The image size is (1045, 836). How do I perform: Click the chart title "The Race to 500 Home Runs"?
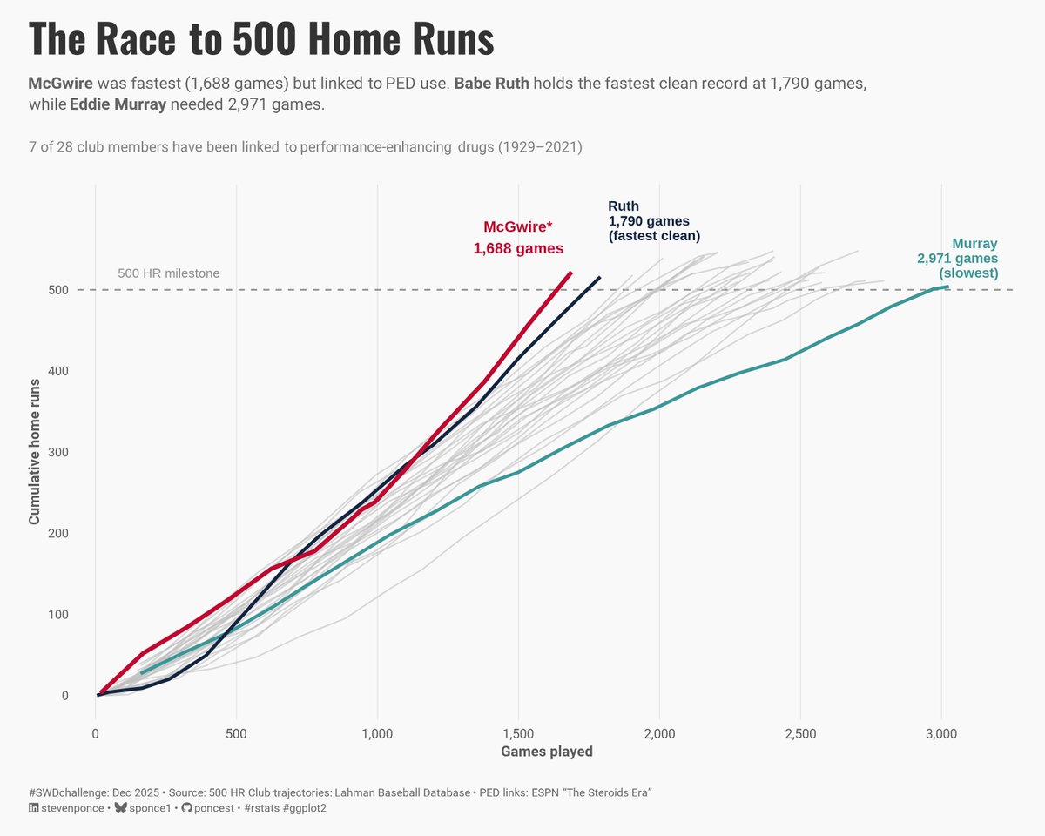coord(261,39)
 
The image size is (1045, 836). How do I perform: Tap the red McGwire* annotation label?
coord(518,238)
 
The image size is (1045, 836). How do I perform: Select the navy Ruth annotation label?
coord(653,221)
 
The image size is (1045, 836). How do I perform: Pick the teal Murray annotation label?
coord(958,259)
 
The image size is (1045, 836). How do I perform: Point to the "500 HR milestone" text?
coord(169,273)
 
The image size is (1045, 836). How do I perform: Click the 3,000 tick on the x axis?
coord(941,734)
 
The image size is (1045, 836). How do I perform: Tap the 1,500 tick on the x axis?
coord(518,734)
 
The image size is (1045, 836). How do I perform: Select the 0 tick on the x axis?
coord(96,734)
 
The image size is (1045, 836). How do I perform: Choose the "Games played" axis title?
coord(547,752)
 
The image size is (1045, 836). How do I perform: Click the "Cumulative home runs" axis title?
coord(35,451)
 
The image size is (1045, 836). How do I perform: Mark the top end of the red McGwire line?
coord(570,273)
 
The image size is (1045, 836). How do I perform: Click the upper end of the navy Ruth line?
coord(599,278)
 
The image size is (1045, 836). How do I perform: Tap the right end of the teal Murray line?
coord(947,287)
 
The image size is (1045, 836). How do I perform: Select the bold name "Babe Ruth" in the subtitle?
coord(491,84)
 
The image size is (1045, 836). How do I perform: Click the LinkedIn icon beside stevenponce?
coord(34,808)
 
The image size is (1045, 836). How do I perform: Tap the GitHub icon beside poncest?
coord(185,808)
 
